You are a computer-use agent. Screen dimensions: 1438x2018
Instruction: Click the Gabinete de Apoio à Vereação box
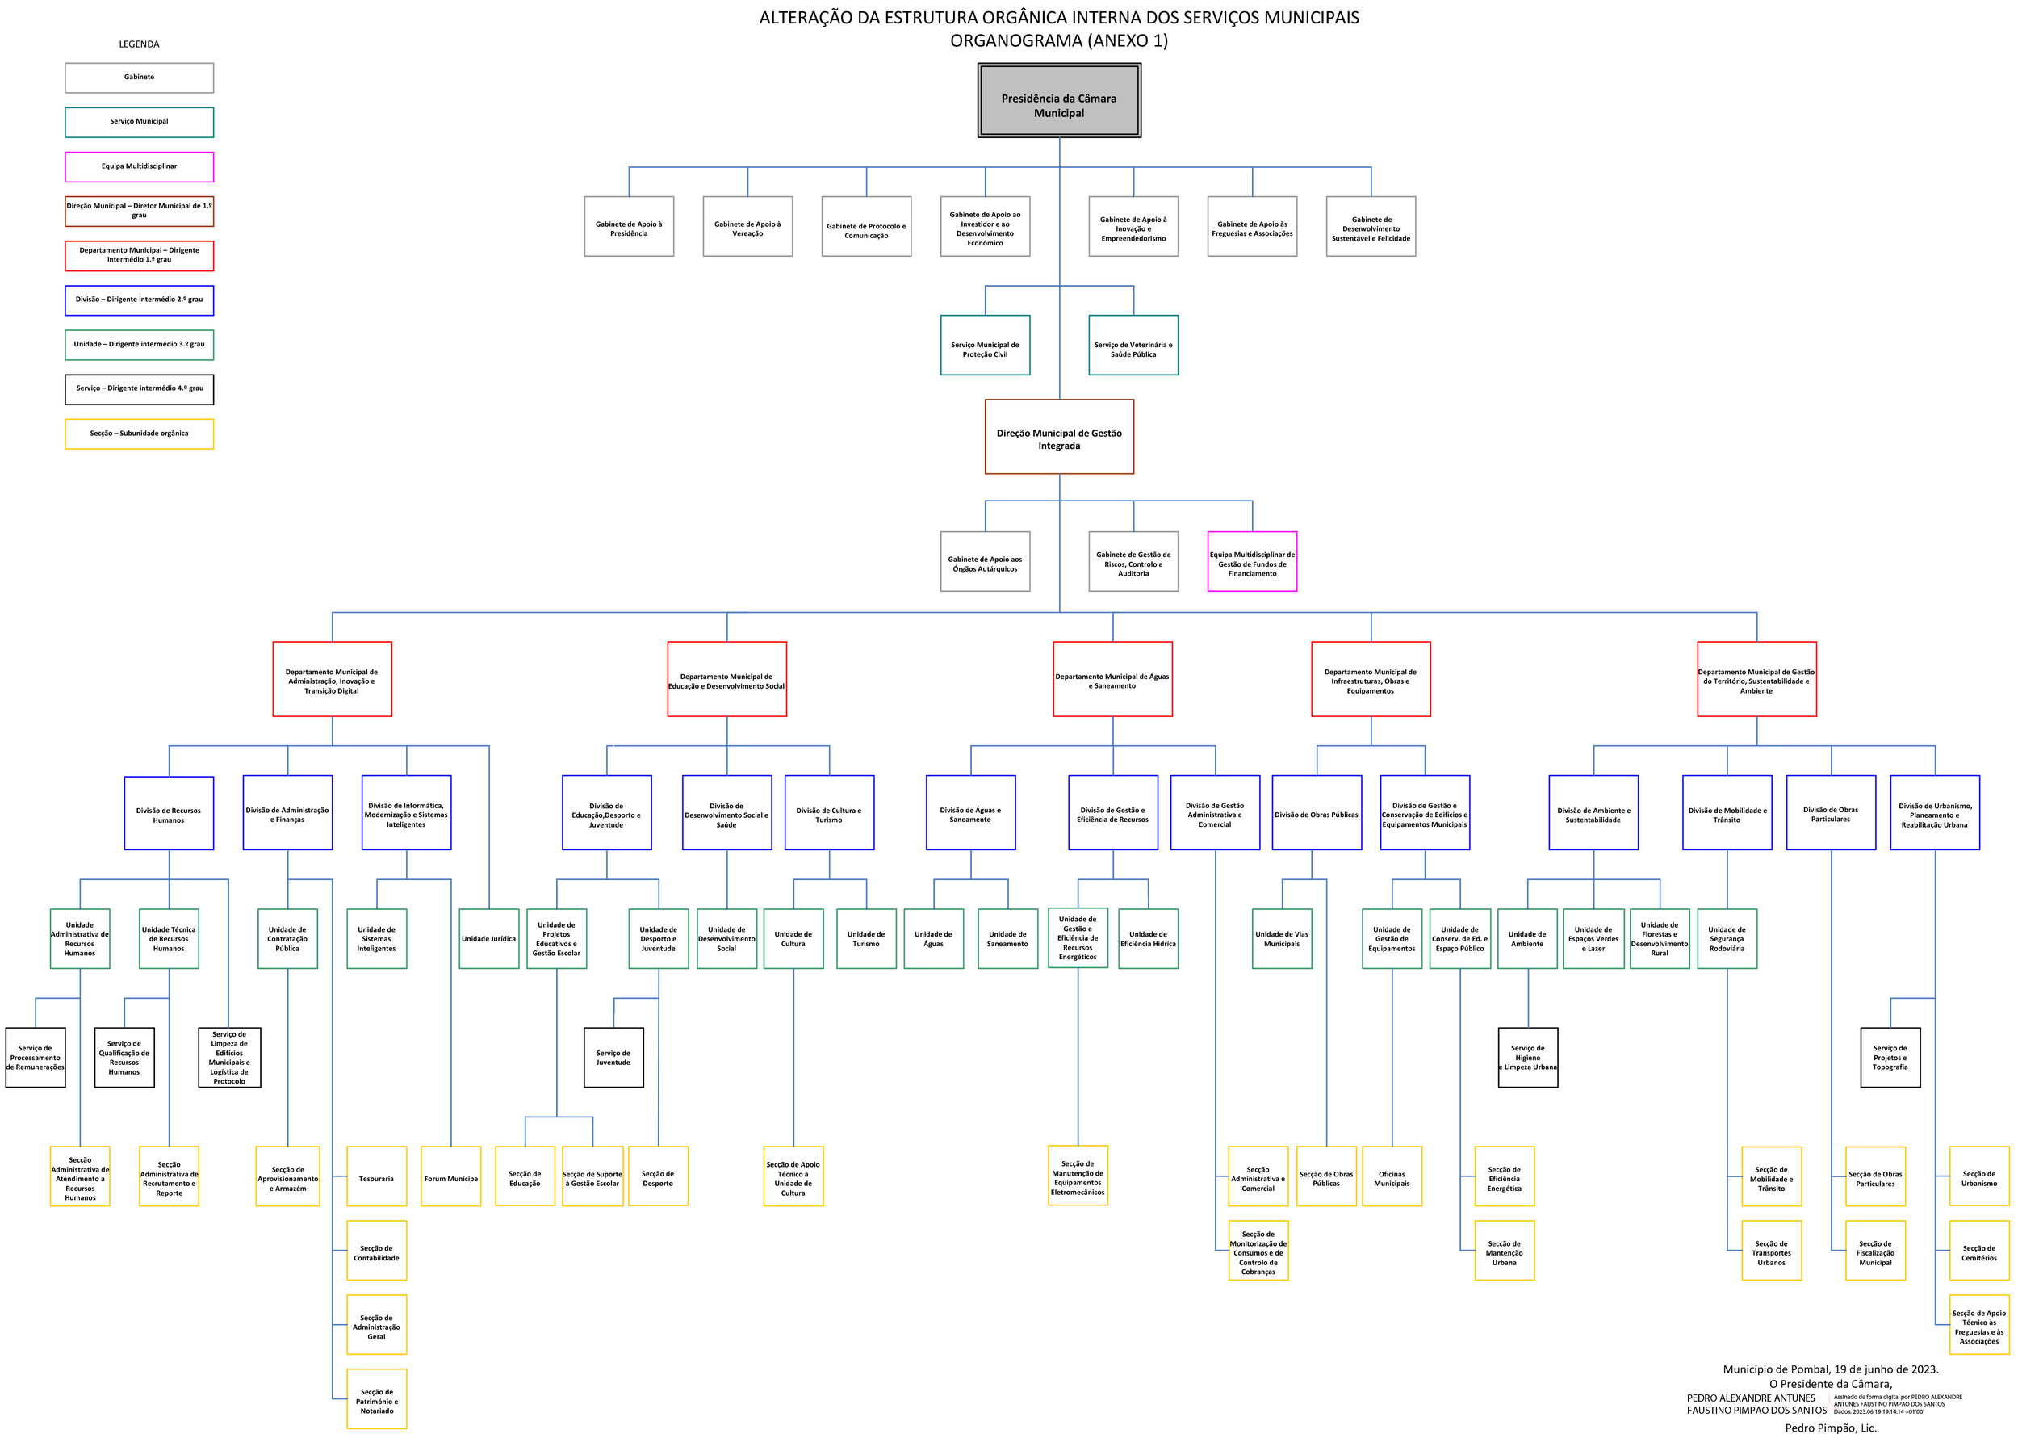747,227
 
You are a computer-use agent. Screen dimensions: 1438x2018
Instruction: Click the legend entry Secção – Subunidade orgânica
139,434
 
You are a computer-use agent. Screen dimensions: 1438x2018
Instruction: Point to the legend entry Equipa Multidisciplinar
139,166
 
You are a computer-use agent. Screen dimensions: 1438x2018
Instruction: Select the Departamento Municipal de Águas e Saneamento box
1112,679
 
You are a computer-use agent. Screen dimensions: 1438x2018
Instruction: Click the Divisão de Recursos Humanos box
168,814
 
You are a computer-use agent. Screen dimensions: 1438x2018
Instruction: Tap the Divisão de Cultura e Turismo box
829,814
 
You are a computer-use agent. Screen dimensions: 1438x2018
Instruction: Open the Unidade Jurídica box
488,938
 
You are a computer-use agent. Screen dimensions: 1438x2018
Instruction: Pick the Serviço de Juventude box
613,1057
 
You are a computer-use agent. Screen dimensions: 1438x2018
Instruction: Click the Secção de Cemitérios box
1979,1251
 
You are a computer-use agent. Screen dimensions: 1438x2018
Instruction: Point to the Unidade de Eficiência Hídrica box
1148,938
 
